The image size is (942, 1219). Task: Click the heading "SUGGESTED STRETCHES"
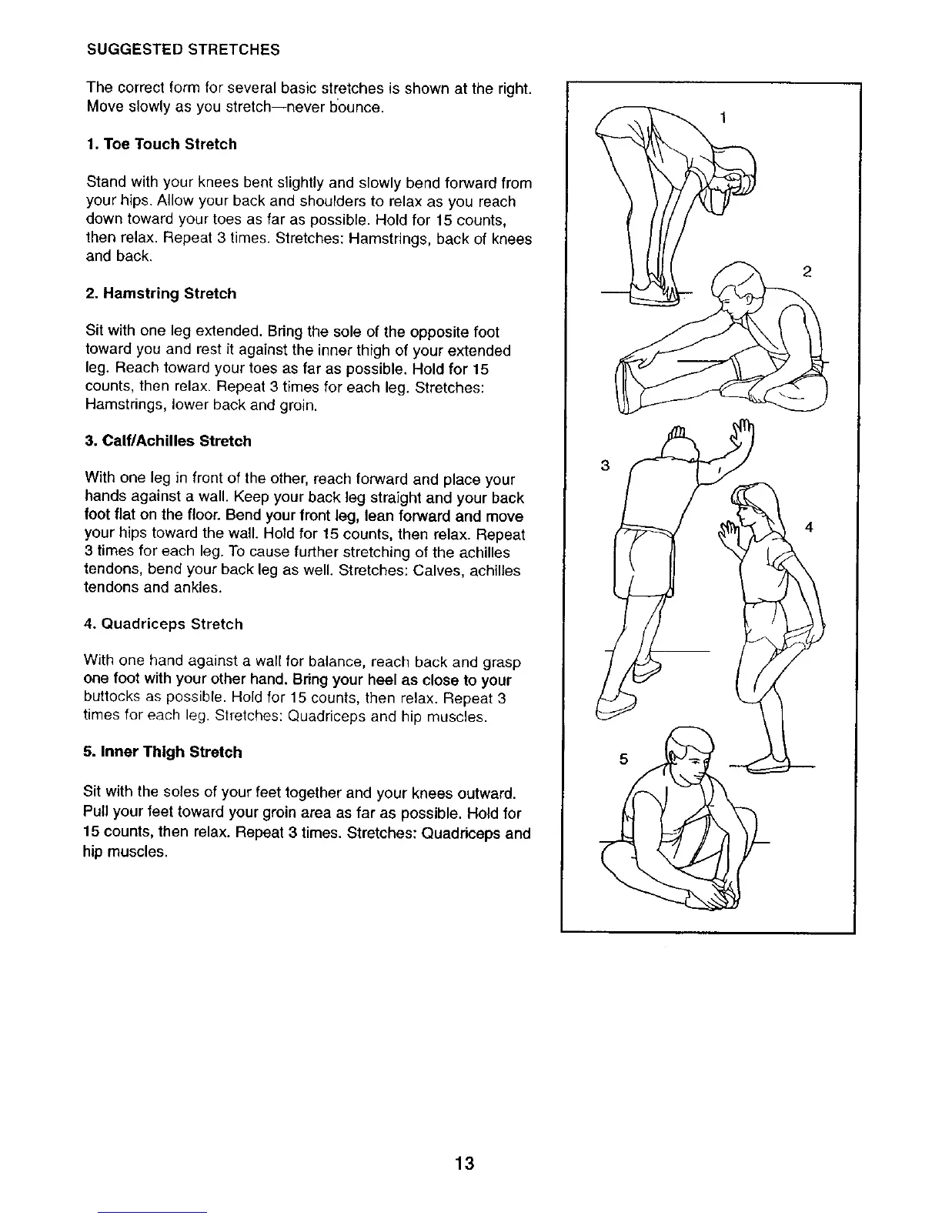coord(182,50)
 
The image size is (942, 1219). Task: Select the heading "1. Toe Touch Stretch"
coord(162,145)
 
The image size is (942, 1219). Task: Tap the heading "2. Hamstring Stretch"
coord(162,294)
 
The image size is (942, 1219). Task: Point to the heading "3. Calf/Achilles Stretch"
coord(169,442)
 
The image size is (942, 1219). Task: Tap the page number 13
coord(464,1163)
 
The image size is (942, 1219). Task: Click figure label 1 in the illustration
coord(723,118)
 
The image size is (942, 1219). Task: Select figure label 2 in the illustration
coord(807,271)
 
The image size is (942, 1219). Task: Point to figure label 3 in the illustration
coord(605,465)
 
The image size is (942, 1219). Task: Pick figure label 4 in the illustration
coord(809,527)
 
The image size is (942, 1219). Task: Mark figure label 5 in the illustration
coord(624,760)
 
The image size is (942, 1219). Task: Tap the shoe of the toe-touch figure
coord(653,293)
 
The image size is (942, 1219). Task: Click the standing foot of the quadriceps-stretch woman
coord(769,765)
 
